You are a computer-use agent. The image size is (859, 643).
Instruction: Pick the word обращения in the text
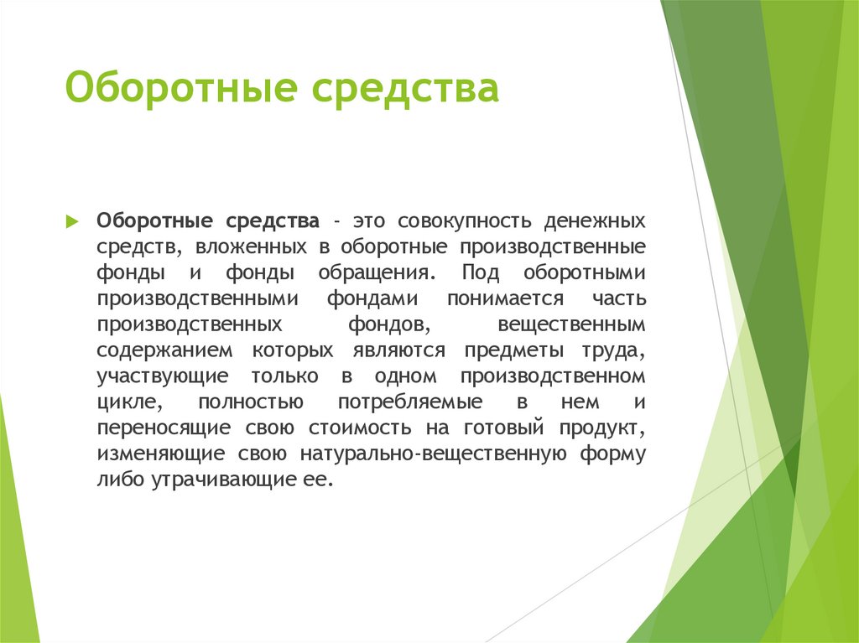(x=377, y=273)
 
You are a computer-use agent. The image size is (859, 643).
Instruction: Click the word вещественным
(x=571, y=324)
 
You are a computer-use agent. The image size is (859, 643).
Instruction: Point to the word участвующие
(x=159, y=376)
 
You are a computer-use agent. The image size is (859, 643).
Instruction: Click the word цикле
(x=126, y=402)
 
